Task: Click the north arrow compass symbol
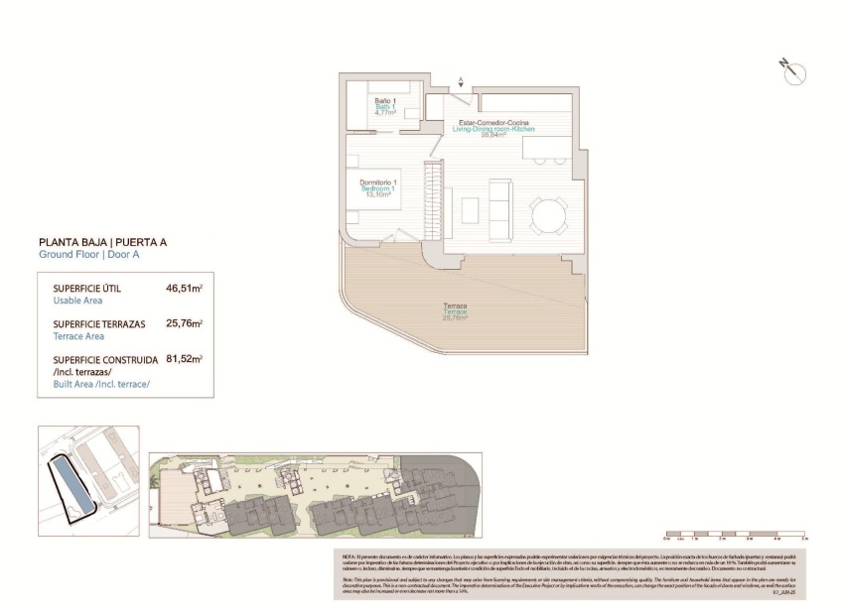pyautogui.click(x=793, y=70)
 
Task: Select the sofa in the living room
pyautogui.click(x=501, y=206)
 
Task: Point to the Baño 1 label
pyautogui.click(x=385, y=101)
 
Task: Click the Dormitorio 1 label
pyautogui.click(x=377, y=183)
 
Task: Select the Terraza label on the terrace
pyautogui.click(x=456, y=306)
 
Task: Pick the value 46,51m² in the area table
pyautogui.click(x=184, y=289)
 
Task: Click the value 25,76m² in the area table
pyautogui.click(x=184, y=323)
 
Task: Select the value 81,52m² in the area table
pyautogui.click(x=184, y=359)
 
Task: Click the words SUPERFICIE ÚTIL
pyautogui.click(x=87, y=289)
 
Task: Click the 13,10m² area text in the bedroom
pyautogui.click(x=377, y=195)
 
